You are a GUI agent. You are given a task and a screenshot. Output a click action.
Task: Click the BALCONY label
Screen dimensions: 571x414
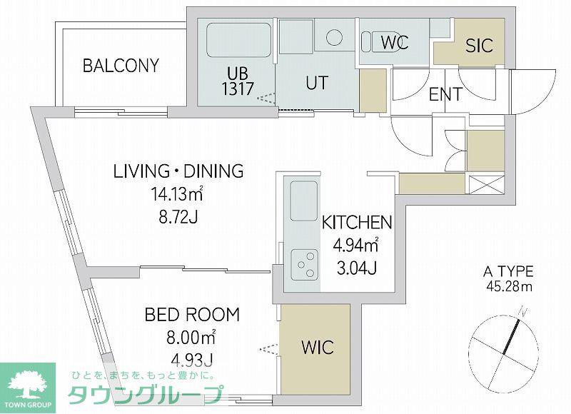pyautogui.click(x=121, y=66)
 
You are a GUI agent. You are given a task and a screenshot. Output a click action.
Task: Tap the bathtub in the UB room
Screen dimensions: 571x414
pyautogui.click(x=238, y=40)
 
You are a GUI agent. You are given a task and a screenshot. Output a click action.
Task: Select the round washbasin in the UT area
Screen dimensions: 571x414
pyautogui.click(x=334, y=38)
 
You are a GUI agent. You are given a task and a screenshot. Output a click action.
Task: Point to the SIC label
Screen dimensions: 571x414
pyautogui.click(x=479, y=46)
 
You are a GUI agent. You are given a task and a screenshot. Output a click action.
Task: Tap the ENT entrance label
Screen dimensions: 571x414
pyautogui.click(x=445, y=95)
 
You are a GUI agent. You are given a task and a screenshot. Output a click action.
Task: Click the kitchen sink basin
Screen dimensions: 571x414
pyautogui.click(x=304, y=201)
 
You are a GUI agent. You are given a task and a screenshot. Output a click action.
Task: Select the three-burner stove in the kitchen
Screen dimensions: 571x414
pyautogui.click(x=305, y=264)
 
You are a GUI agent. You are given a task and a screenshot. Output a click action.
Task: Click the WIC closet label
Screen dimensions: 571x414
pyautogui.click(x=318, y=348)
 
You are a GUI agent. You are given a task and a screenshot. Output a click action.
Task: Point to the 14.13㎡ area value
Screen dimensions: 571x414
pyautogui.click(x=177, y=194)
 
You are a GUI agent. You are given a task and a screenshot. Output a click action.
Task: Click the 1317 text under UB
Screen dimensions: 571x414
pyautogui.click(x=238, y=89)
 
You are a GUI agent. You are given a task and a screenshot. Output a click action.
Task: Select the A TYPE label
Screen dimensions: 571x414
pyautogui.click(x=508, y=272)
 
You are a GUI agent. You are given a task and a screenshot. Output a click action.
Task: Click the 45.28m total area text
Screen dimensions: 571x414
pyautogui.click(x=509, y=286)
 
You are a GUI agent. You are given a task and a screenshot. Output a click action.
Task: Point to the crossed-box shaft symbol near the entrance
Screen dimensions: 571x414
pyautogui.click(x=487, y=185)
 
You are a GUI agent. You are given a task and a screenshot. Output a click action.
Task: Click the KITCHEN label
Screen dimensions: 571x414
pyautogui.click(x=357, y=223)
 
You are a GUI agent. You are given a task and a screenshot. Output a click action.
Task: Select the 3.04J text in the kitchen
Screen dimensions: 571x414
pyautogui.click(x=356, y=268)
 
